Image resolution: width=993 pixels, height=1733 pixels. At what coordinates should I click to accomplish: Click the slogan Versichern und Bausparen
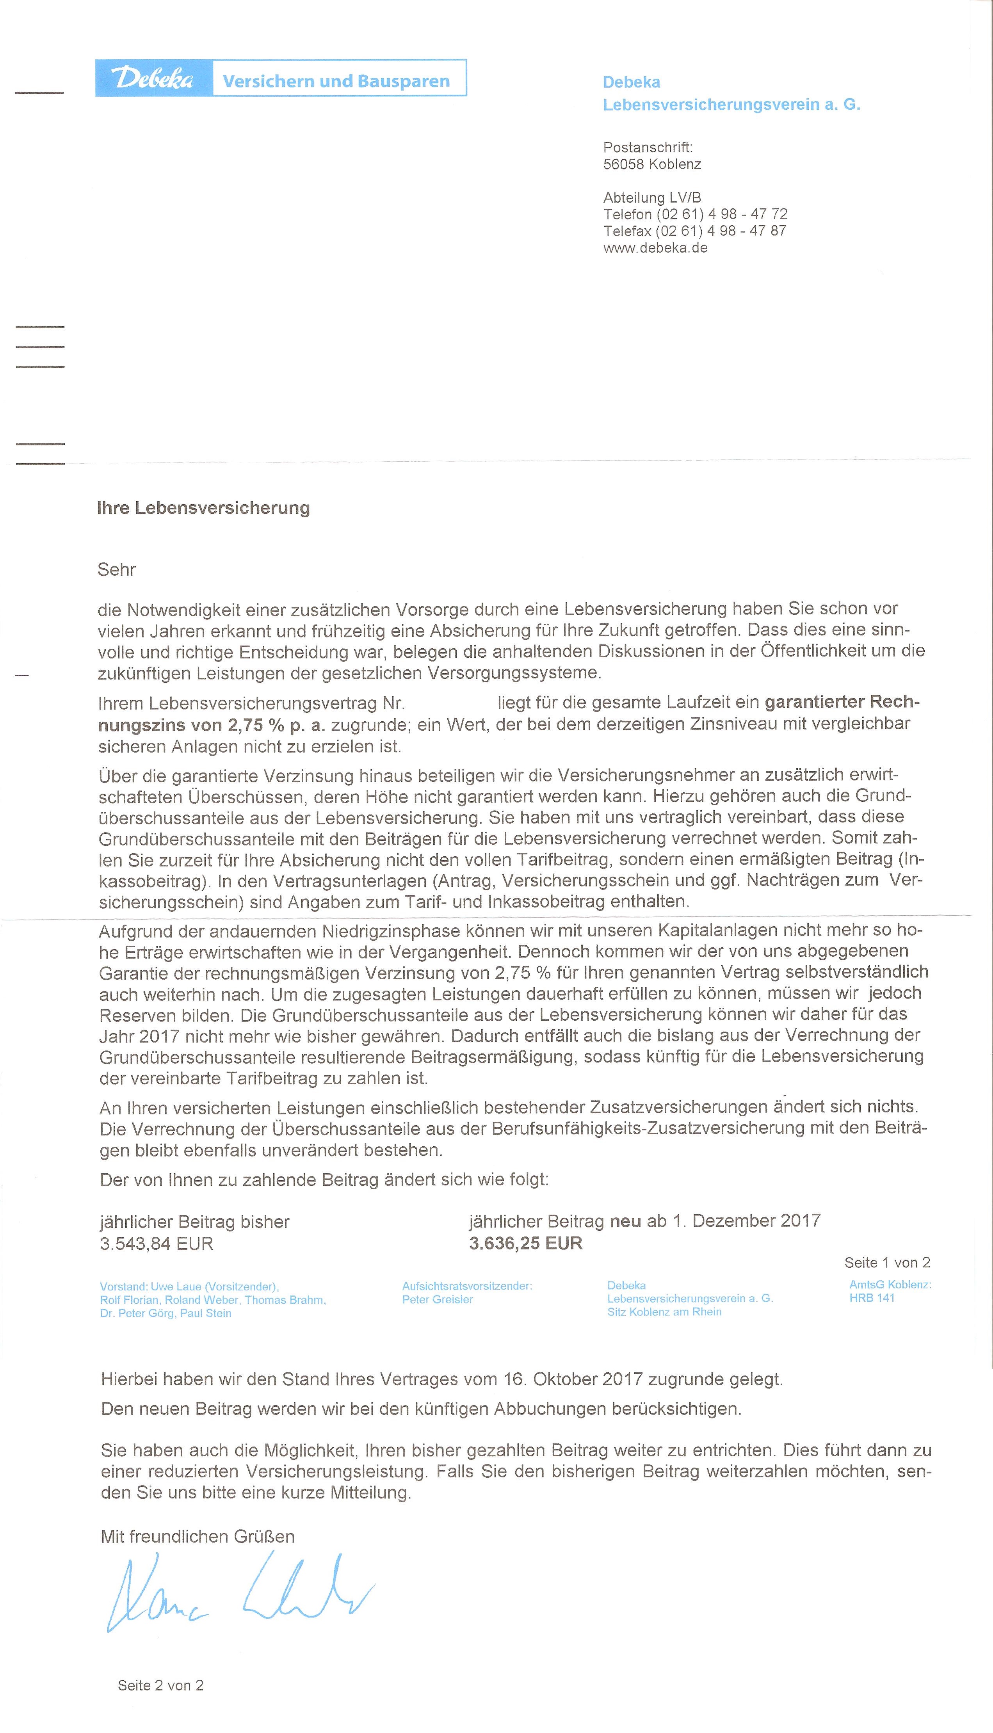(x=336, y=81)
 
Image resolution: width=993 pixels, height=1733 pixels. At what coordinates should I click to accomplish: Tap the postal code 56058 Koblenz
(x=652, y=164)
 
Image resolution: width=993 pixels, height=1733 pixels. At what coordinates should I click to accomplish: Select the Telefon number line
(x=695, y=214)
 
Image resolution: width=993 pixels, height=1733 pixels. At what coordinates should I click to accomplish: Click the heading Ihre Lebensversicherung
(x=203, y=508)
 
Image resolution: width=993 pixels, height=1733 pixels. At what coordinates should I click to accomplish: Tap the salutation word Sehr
(x=117, y=570)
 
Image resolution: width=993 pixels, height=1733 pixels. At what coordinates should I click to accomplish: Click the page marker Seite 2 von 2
(x=160, y=1685)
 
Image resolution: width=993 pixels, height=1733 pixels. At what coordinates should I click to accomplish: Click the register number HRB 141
(x=872, y=1298)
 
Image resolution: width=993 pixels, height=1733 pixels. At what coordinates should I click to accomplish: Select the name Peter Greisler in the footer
(x=437, y=1299)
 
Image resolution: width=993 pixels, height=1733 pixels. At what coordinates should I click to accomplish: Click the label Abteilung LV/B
(x=651, y=198)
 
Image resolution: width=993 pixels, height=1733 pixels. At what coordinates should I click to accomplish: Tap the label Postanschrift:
(x=647, y=147)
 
